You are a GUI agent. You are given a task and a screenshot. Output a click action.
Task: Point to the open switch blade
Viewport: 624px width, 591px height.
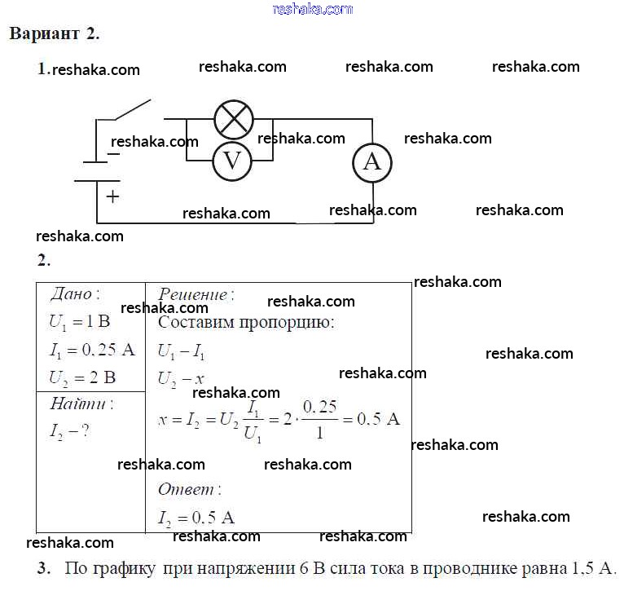click(x=133, y=109)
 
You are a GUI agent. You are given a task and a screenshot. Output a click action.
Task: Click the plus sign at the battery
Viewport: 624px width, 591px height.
click(x=112, y=196)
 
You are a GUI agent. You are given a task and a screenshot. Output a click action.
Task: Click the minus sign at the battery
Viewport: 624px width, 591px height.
click(x=114, y=154)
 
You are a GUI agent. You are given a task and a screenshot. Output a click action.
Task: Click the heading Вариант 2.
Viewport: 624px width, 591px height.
click(x=55, y=33)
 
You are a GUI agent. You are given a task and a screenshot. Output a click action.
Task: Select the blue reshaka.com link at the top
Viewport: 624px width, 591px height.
click(x=313, y=9)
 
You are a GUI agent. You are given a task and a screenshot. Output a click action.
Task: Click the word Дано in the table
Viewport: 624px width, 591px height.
click(x=71, y=294)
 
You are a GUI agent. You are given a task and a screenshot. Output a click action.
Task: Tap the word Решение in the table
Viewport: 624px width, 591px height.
click(x=192, y=295)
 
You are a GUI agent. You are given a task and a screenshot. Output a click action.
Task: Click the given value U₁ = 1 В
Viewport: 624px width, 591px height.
click(x=80, y=322)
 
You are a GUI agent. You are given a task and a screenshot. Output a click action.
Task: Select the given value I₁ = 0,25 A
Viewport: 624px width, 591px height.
click(x=92, y=350)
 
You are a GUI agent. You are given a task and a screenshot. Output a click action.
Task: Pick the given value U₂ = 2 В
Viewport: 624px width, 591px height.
click(x=82, y=378)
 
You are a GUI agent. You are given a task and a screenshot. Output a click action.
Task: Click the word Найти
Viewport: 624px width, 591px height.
click(x=78, y=404)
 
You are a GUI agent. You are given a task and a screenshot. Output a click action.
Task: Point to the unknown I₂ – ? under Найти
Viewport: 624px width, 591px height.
click(x=69, y=431)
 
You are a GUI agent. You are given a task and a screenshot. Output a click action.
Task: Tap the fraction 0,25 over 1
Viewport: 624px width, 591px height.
click(x=320, y=419)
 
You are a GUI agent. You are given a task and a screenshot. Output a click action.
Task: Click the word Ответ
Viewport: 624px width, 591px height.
click(x=186, y=489)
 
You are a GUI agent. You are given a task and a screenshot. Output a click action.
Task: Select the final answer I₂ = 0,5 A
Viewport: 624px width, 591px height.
click(x=196, y=518)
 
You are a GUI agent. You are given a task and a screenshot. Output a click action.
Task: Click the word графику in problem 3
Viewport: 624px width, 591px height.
click(x=124, y=569)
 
